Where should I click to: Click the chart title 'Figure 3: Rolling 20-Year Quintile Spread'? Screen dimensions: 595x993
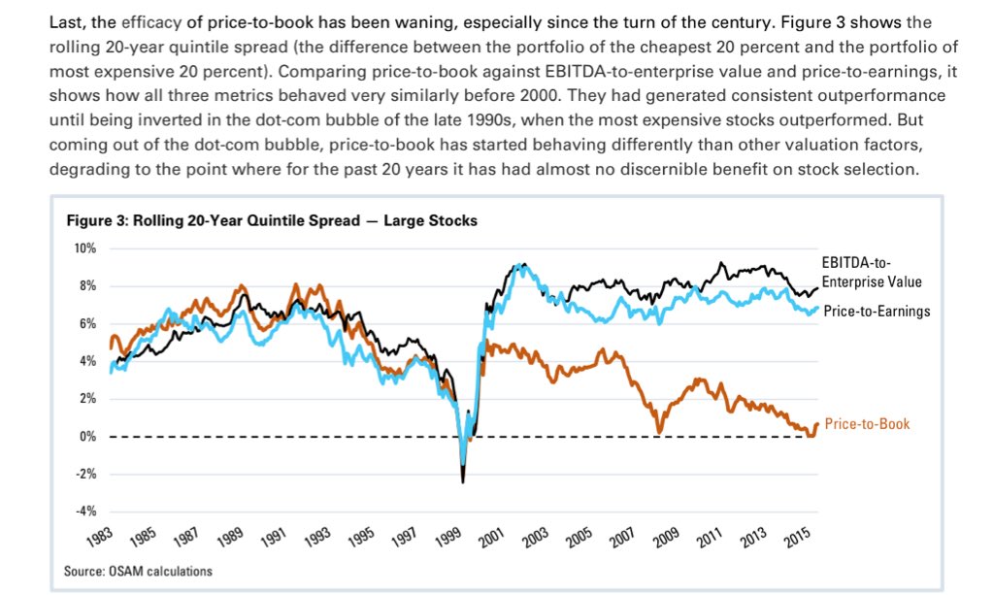point(271,220)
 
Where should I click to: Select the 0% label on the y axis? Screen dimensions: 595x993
point(87,437)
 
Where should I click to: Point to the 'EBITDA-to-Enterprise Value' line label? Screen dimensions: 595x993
point(871,273)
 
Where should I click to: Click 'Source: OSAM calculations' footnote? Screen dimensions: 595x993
point(138,571)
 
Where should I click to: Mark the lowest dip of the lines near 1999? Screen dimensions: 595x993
point(463,480)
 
